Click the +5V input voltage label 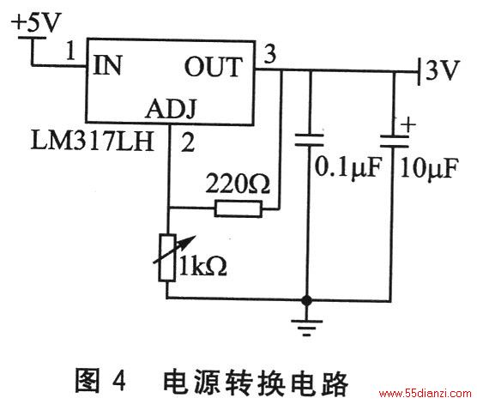point(37,22)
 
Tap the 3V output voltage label point(443,70)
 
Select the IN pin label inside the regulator point(108,65)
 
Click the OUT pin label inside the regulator point(214,67)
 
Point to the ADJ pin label point(171,109)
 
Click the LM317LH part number point(92,141)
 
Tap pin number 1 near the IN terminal point(70,51)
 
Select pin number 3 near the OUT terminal point(269,53)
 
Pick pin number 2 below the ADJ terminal point(188,142)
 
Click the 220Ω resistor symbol point(238,208)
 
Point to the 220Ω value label point(238,184)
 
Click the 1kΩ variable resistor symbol point(167,257)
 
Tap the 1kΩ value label point(203,266)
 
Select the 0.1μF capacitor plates point(309,140)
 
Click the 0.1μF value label point(348,166)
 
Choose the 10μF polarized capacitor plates point(395,142)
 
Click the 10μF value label point(429,168)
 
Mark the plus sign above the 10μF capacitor point(408,124)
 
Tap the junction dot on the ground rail point(306,300)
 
